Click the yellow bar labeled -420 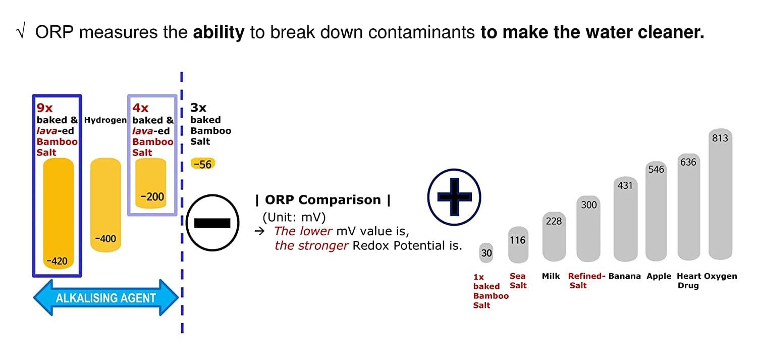[x=59, y=213]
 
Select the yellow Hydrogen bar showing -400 [x=105, y=205]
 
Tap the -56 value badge [x=203, y=164]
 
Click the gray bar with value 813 [x=720, y=194]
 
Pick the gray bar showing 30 [x=486, y=252]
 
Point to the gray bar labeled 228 [x=554, y=236]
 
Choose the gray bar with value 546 [x=656, y=211]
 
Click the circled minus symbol [x=212, y=223]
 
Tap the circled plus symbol [x=454, y=197]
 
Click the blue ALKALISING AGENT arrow [x=106, y=297]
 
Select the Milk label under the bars [x=551, y=276]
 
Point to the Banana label [x=625, y=276]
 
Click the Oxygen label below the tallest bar [x=721, y=277]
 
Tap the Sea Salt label [x=518, y=281]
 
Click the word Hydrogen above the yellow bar [x=105, y=120]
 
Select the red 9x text [x=44, y=108]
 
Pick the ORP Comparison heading [x=323, y=200]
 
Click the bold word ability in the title [x=219, y=33]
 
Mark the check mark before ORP [x=21, y=32]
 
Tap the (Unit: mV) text [x=294, y=217]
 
